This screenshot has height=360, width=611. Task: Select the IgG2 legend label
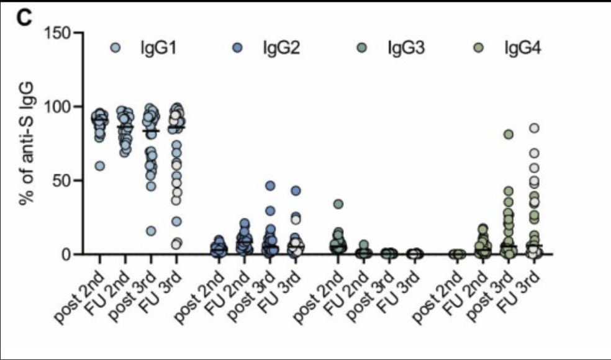[281, 48]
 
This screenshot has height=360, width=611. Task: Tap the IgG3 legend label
[405, 48]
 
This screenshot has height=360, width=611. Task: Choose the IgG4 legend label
[522, 48]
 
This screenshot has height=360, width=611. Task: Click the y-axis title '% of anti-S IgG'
[26, 144]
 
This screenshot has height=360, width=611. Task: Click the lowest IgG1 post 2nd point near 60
[100, 166]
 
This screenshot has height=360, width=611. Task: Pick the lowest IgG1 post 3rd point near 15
[151, 231]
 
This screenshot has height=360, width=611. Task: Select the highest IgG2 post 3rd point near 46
[270, 186]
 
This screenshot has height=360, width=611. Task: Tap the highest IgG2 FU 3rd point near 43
[296, 191]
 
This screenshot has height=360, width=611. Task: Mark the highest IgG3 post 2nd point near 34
[338, 204]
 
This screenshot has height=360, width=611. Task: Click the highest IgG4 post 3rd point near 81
[508, 134]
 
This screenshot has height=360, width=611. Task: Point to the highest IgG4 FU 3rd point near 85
[533, 128]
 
